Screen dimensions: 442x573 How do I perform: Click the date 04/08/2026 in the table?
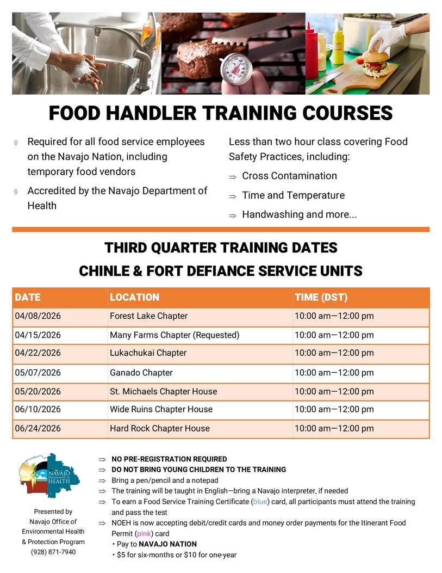pos(38,316)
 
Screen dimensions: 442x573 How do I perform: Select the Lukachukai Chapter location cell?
pos(148,353)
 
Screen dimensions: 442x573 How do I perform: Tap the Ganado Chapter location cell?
pos(141,373)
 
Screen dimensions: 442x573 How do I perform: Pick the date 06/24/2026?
pos(38,429)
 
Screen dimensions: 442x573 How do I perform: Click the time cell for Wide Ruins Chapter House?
pos(334,409)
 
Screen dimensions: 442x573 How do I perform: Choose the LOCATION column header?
pos(135,298)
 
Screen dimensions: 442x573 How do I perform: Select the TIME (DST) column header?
pos(321,298)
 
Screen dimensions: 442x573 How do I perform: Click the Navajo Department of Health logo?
pos(49,476)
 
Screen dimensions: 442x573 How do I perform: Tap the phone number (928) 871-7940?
pos(53,552)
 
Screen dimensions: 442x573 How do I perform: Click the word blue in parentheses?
pos(260,502)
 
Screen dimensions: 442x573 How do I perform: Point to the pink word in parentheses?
pos(144,534)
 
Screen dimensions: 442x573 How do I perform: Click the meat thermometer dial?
pos(237,69)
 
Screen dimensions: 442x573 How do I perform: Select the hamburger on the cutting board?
pos(376,64)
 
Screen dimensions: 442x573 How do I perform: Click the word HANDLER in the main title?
pos(151,113)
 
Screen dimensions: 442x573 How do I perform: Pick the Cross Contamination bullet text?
pos(289,176)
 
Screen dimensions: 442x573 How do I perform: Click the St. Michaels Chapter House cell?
pos(164,392)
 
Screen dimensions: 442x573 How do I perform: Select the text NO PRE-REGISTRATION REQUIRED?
pos(170,459)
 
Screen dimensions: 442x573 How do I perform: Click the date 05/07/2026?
pos(38,373)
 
